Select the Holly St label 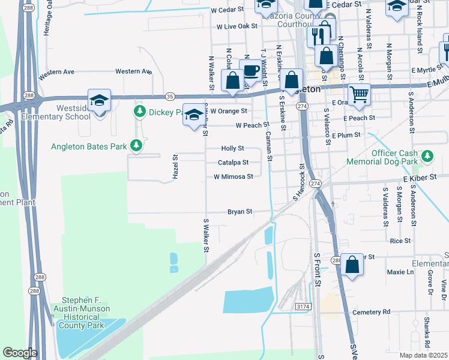pyautogui.click(x=233, y=148)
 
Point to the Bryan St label pyautogui.click(x=240, y=212)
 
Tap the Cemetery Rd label pyautogui.click(x=371, y=312)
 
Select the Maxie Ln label pyautogui.click(x=400, y=272)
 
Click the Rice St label pyautogui.click(x=400, y=241)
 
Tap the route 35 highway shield pyautogui.click(x=170, y=96)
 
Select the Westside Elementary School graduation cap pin pyautogui.click(x=99, y=100)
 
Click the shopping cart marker pyautogui.click(x=359, y=93)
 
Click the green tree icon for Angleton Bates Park pyautogui.click(x=137, y=145)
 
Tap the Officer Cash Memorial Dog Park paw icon pyautogui.click(x=427, y=156)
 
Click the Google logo pyautogui.click(x=20, y=353)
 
